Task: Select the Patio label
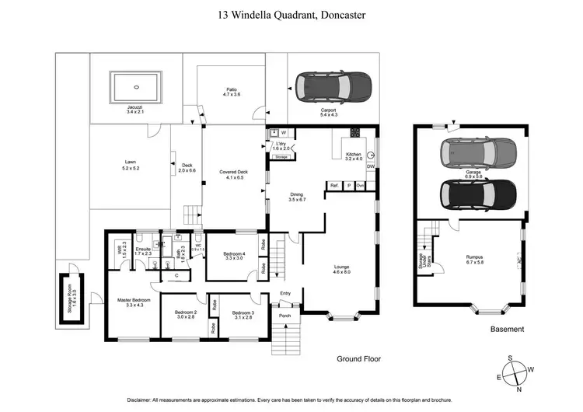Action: click(230, 91)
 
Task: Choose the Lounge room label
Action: click(342, 268)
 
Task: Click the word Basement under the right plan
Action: click(507, 330)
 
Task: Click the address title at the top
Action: click(291, 14)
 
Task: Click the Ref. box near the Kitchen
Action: click(334, 186)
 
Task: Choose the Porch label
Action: click(285, 315)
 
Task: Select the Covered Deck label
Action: click(232, 175)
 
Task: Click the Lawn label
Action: click(131, 165)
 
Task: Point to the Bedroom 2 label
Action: click(185, 314)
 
